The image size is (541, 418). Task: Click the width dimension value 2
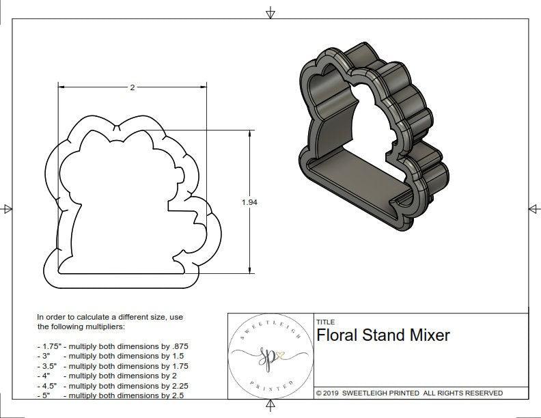click(132, 87)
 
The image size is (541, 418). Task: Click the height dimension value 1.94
click(249, 202)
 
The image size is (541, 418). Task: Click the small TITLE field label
click(325, 322)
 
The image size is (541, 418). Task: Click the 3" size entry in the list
click(45, 356)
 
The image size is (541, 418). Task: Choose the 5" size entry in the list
click(45, 395)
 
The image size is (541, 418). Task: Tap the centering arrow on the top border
click(270, 12)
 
